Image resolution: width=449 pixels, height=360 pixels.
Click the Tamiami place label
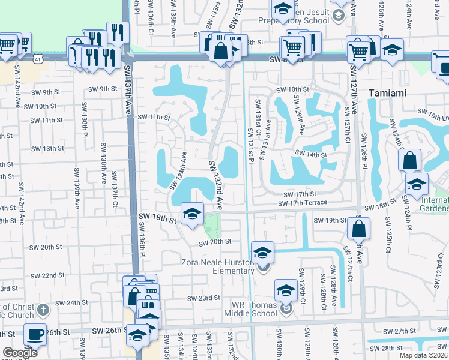[x=392, y=94]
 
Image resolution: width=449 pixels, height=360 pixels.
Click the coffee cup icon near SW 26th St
[x=35, y=334]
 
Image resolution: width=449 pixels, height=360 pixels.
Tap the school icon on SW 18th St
[x=192, y=214]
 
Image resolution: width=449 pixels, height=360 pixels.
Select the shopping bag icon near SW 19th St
[x=358, y=228]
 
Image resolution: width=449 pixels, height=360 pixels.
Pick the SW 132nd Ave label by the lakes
[x=215, y=184]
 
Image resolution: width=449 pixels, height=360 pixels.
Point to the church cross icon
[x=42, y=310]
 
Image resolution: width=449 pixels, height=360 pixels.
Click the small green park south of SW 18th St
[x=212, y=227]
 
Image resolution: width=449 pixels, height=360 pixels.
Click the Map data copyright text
[x=424, y=355]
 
